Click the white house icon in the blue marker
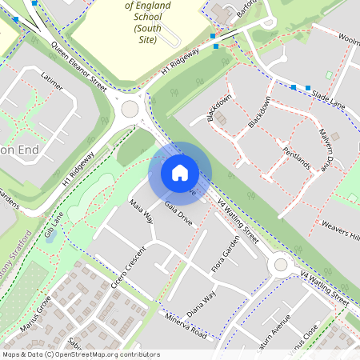pyautogui.click(x=180, y=172)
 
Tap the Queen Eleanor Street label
pyautogui.click(x=78, y=67)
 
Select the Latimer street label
pyautogui.click(x=51, y=82)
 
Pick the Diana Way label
pyautogui.click(x=202, y=303)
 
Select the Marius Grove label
pyautogui.click(x=36, y=313)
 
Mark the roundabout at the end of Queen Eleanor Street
pyautogui.click(x=130, y=109)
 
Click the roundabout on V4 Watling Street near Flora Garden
pyautogui.click(x=280, y=264)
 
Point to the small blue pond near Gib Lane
pyautogui.click(x=50, y=237)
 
